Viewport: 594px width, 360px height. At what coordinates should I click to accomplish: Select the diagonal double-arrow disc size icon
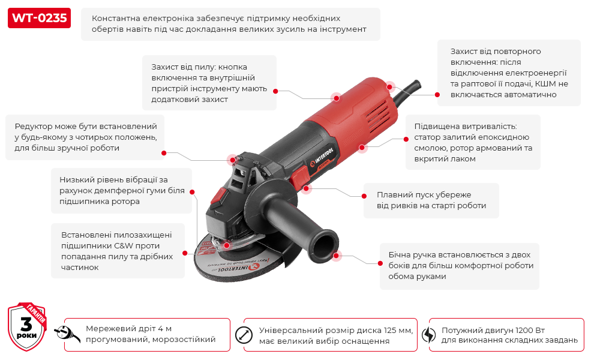(244, 335)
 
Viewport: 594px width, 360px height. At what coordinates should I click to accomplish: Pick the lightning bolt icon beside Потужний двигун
(428, 335)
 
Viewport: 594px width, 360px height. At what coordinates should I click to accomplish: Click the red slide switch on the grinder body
(299, 178)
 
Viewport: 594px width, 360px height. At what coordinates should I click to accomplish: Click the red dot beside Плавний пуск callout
(364, 196)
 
